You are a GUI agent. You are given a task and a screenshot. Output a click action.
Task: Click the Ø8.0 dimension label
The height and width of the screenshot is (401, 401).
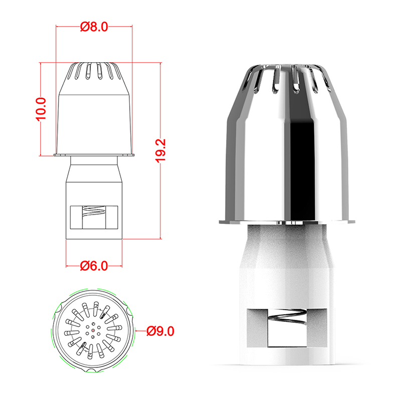(x=94, y=27)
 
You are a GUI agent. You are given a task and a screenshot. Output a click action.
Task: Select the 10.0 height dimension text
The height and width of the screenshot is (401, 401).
(x=41, y=109)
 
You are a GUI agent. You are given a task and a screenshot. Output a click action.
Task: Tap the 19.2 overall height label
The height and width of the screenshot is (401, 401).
(x=160, y=151)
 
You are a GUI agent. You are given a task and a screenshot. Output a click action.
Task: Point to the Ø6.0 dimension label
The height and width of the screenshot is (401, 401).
(x=94, y=266)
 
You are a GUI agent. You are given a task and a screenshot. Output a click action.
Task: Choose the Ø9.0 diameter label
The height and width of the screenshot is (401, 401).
(x=160, y=331)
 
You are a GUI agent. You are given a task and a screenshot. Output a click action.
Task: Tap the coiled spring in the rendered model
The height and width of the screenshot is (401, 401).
(x=287, y=316)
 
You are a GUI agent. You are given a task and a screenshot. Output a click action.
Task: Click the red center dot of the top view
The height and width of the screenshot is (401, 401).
(x=93, y=331)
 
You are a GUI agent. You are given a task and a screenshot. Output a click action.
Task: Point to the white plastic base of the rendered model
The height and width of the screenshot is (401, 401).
(x=287, y=294)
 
